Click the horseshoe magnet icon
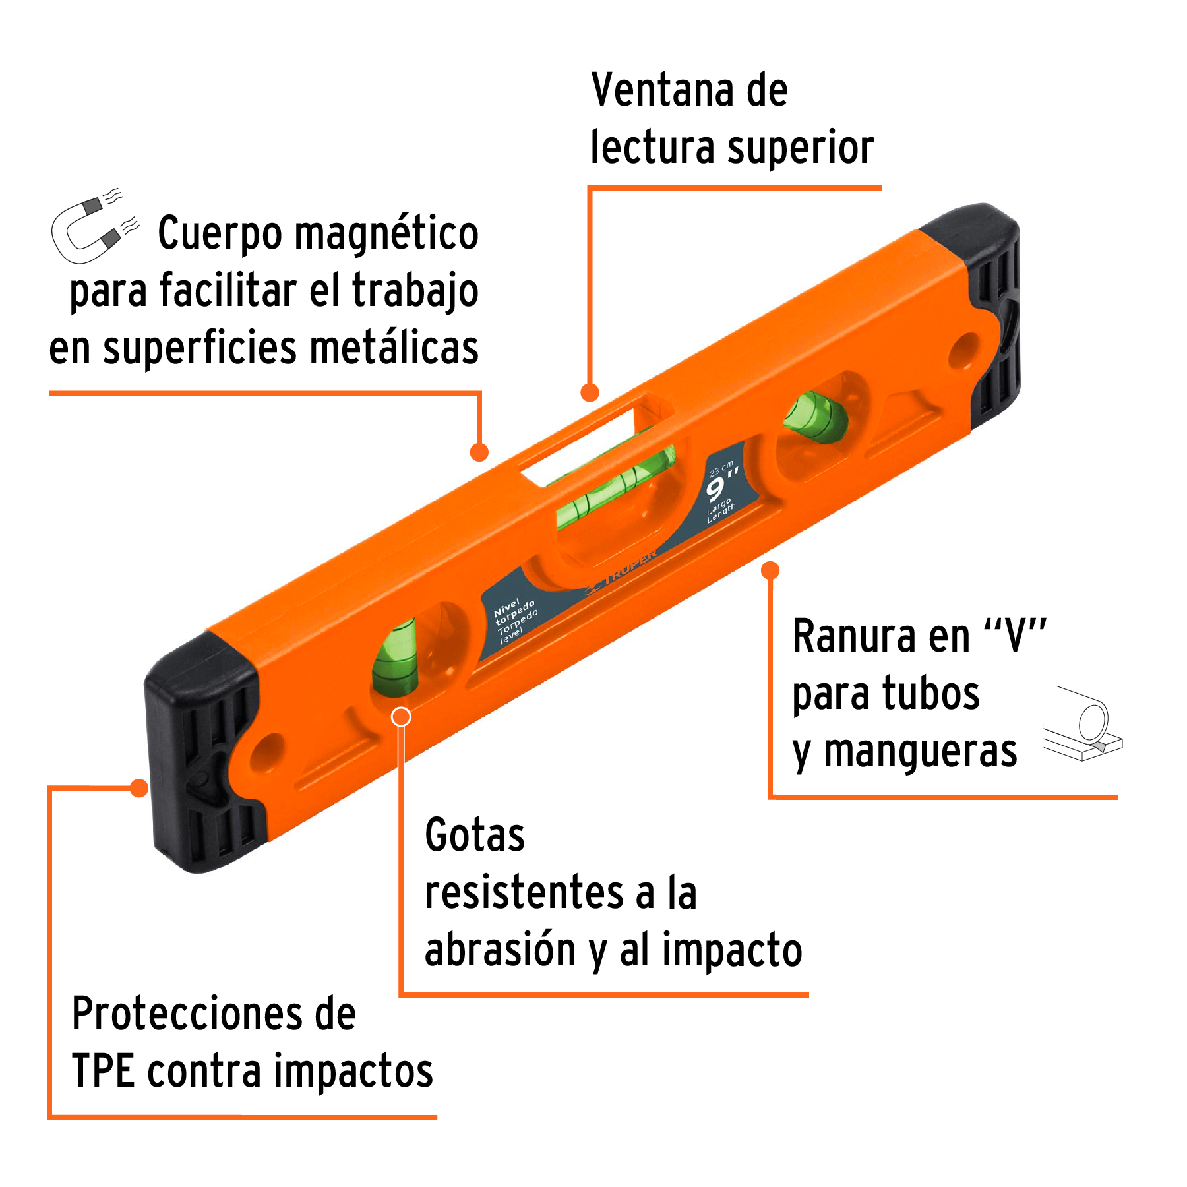coord(92,228)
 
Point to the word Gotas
coord(474,836)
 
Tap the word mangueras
coord(920,752)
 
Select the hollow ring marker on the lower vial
coord(401,717)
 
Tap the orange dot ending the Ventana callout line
coord(590,393)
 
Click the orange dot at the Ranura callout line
coord(770,570)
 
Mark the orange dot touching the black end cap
coord(138,788)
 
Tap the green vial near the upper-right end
coord(815,418)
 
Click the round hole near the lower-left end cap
coord(266,752)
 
